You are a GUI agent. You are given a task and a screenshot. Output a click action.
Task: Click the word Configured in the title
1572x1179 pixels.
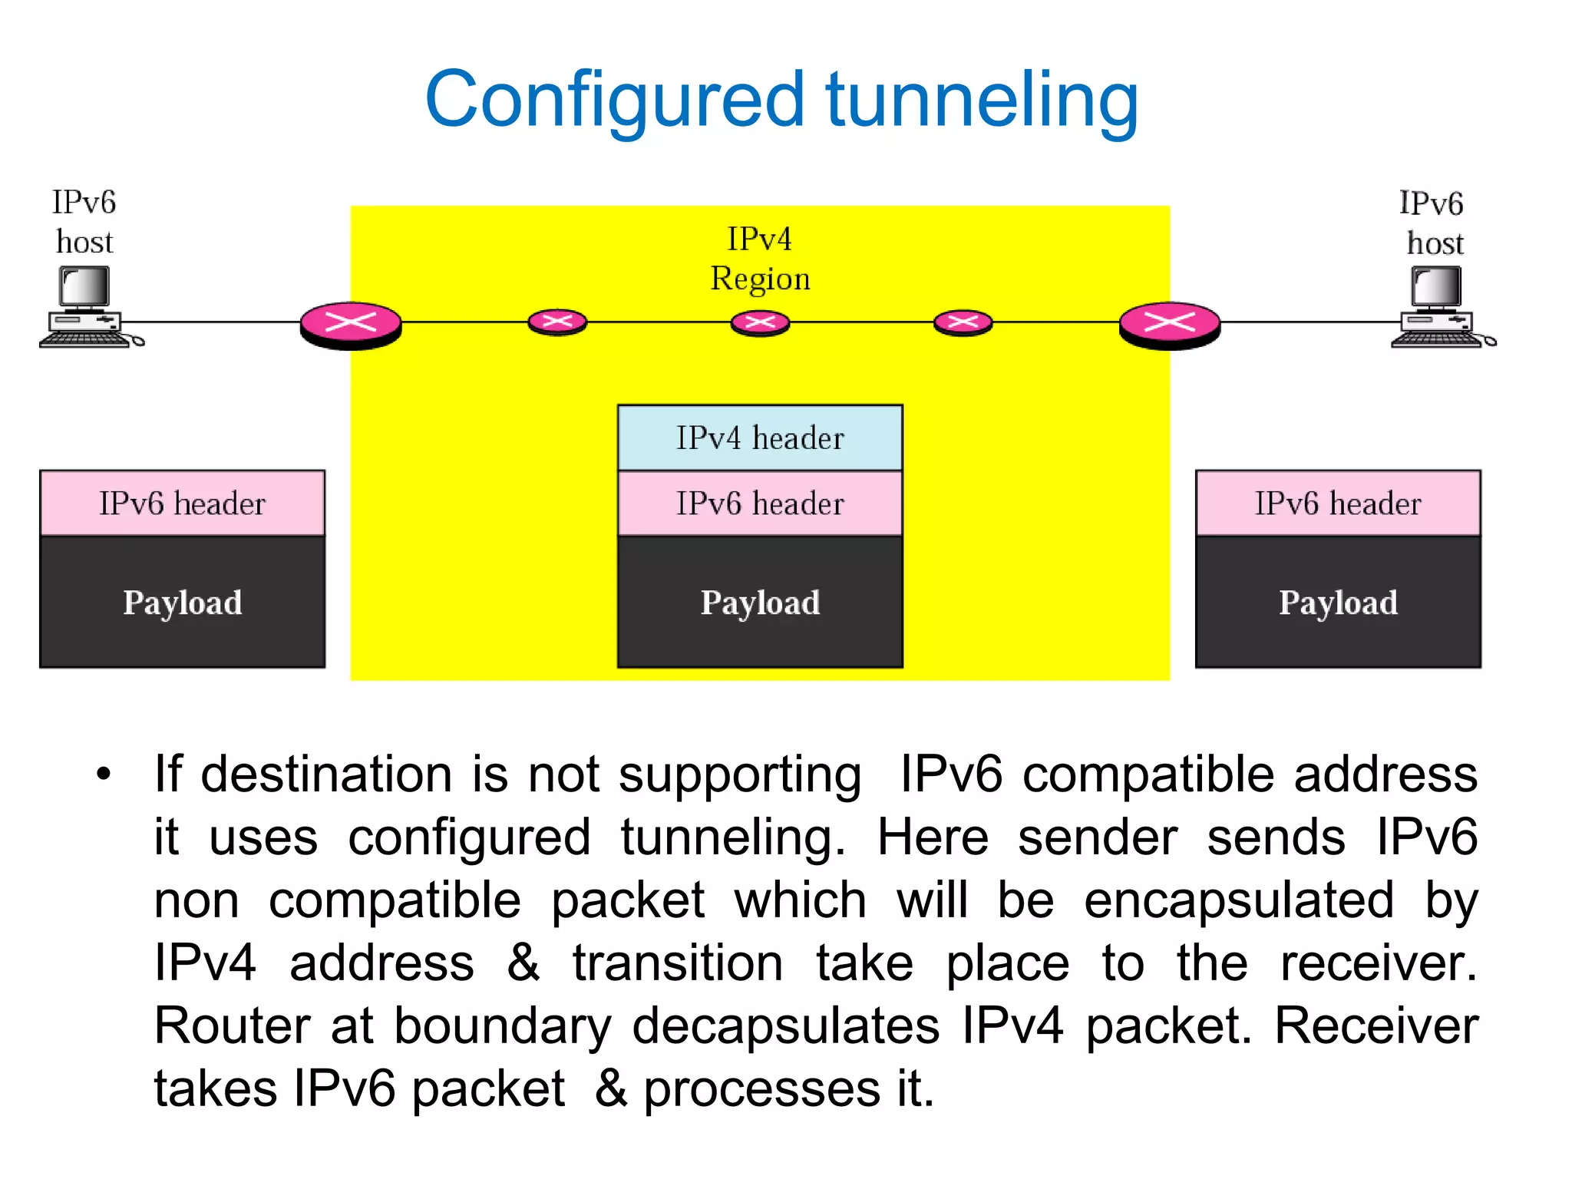(614, 100)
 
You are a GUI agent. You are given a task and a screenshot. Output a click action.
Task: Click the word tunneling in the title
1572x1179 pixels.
(982, 100)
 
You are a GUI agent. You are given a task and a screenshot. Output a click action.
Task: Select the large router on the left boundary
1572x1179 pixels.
(351, 324)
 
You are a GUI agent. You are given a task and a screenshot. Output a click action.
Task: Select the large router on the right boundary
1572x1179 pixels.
(1170, 324)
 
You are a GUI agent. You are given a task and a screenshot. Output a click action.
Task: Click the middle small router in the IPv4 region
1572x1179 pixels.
(760, 322)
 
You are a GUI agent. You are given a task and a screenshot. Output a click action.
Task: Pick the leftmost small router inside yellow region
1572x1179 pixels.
(557, 322)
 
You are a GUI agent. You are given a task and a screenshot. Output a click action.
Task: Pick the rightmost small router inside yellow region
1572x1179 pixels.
(963, 322)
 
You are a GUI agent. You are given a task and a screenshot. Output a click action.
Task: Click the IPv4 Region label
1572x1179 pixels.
(760, 259)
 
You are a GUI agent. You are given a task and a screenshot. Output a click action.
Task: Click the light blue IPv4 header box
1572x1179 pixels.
(760, 438)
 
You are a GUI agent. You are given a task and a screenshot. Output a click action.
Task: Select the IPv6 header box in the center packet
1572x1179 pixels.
(760, 504)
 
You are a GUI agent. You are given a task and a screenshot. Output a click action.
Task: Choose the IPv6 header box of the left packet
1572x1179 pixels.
(182, 504)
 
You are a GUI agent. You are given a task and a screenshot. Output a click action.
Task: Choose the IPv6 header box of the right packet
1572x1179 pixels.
(1338, 504)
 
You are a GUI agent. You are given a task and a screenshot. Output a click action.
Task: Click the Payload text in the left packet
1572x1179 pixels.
(182, 603)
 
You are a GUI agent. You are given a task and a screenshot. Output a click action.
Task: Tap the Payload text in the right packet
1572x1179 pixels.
(1338, 603)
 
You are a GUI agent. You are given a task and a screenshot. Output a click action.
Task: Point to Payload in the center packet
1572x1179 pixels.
(760, 603)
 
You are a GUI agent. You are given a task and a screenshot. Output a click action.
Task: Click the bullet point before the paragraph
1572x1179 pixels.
(104, 774)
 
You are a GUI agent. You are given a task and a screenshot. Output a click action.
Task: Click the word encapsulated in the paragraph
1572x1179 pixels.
(1238, 900)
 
